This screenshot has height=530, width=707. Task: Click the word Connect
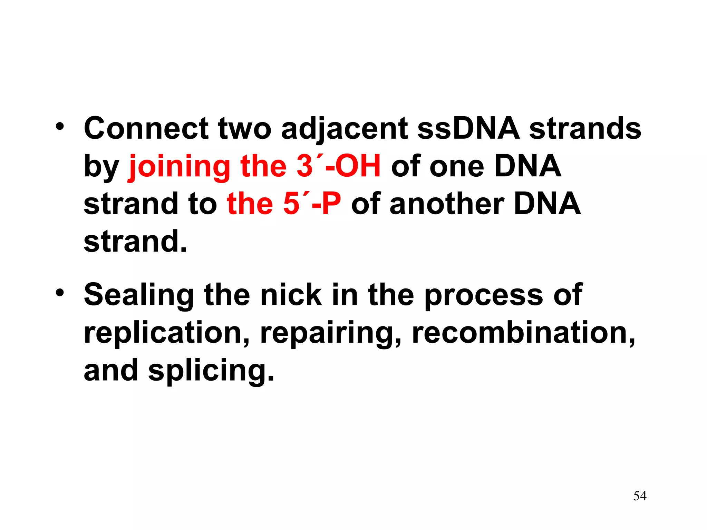[146, 128]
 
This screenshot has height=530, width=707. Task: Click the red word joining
[180, 167]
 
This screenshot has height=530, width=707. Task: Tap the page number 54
[640, 496]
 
